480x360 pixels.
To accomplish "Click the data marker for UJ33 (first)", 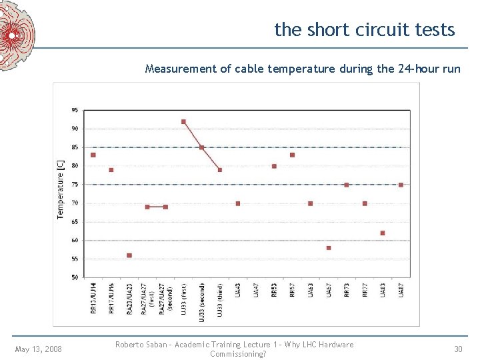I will (183, 121).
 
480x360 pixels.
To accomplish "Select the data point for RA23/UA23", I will (129, 255).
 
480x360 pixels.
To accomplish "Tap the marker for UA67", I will (329, 248).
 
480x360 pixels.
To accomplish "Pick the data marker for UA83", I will (383, 233).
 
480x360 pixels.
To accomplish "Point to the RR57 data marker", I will (292, 155).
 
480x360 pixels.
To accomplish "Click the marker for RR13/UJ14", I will (93, 155).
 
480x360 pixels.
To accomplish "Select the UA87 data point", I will (401, 185).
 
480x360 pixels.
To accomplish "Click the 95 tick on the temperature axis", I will (75, 110).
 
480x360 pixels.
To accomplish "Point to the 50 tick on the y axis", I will (75, 277).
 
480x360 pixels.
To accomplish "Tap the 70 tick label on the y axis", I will (75, 203).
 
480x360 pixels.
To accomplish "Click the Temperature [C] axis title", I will (61, 187).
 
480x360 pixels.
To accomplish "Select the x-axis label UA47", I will (256, 291).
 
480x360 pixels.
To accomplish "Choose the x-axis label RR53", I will (274, 291).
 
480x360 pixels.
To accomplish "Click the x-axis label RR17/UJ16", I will (111, 295).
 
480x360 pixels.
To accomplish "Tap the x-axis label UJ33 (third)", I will (220, 299).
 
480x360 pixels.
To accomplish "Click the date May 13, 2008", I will (39, 349).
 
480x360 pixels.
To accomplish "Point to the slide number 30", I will (458, 349).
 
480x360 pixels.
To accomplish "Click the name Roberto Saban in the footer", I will (140, 345).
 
